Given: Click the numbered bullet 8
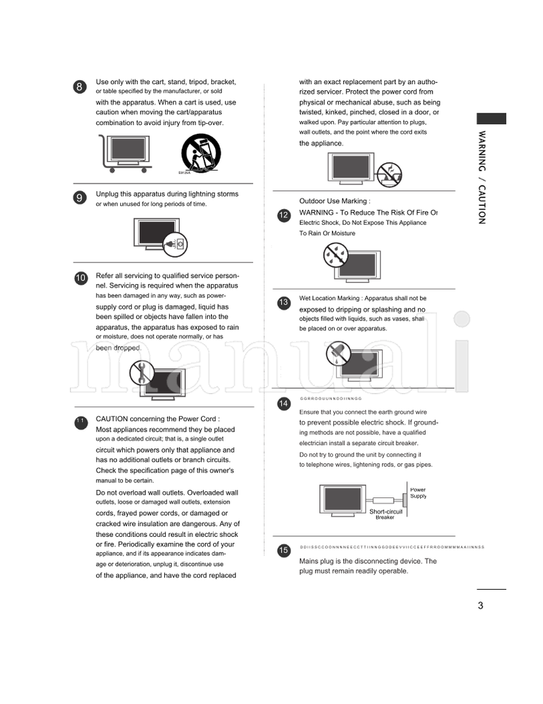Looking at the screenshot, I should pyautogui.click(x=80, y=86).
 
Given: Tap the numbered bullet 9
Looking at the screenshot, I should pyautogui.click(x=80, y=198).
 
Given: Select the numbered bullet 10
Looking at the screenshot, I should pyautogui.click(x=80, y=278).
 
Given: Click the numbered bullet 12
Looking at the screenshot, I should pyautogui.click(x=284, y=215).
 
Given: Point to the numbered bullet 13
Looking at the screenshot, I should pyautogui.click(x=284, y=302).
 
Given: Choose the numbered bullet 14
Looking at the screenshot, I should pyautogui.click(x=284, y=404).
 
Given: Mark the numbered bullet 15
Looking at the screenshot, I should pyautogui.click(x=284, y=550).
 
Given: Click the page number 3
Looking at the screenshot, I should pyautogui.click(x=481, y=605).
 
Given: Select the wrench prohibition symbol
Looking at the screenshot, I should pyautogui.click(x=142, y=372).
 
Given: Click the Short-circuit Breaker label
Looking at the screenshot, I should pyautogui.click(x=386, y=514).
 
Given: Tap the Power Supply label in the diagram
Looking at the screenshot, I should pyautogui.click(x=418, y=493).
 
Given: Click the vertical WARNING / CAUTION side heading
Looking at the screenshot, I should pyautogui.click(x=482, y=177).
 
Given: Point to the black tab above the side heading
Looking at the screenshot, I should pyautogui.click(x=491, y=118).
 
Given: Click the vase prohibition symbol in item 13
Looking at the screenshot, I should pyautogui.click(x=337, y=353).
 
